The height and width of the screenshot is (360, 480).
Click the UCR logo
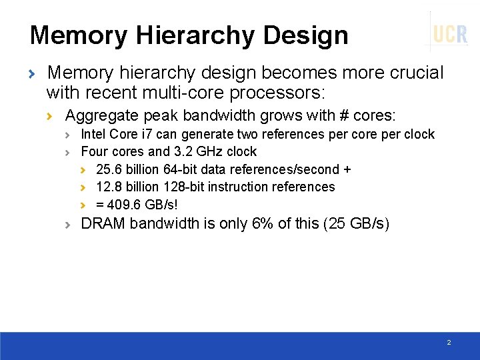[450, 33]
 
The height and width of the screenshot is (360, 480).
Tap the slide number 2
[449, 342]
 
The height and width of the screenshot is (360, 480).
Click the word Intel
[93, 135]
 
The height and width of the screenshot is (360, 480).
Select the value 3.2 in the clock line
[182, 152]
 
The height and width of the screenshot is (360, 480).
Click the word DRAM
[103, 223]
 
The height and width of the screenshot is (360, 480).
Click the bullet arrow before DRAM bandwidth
[69, 225]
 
